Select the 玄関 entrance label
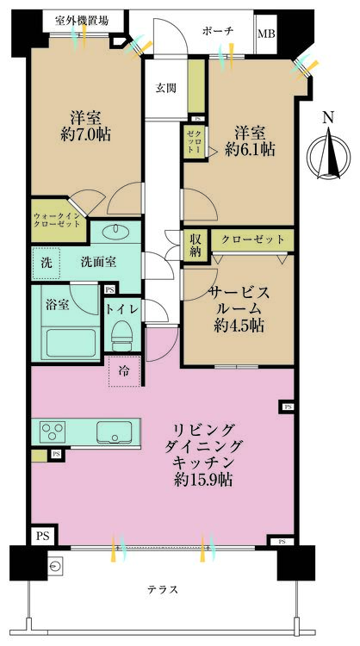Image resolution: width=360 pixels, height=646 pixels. point(166,88)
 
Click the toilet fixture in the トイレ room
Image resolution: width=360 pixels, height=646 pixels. point(122,336)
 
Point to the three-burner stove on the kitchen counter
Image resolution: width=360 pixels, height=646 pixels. point(53,432)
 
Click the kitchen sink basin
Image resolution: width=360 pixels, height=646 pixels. point(113,432)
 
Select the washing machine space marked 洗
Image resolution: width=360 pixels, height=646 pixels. point(47,263)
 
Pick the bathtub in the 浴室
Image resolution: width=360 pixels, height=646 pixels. point(71,343)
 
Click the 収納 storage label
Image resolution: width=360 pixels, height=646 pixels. point(196,245)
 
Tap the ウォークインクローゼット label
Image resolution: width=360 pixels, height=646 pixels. point(57,221)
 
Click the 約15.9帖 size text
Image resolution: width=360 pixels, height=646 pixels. point(202,480)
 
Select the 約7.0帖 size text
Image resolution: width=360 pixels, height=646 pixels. point(85,135)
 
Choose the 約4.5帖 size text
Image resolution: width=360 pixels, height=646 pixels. point(239,326)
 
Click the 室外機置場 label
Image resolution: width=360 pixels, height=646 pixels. point(83,20)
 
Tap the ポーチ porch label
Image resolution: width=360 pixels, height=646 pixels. point(218,30)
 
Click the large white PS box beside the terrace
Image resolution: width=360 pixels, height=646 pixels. point(43,536)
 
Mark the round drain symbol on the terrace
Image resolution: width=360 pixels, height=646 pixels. point(55,568)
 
